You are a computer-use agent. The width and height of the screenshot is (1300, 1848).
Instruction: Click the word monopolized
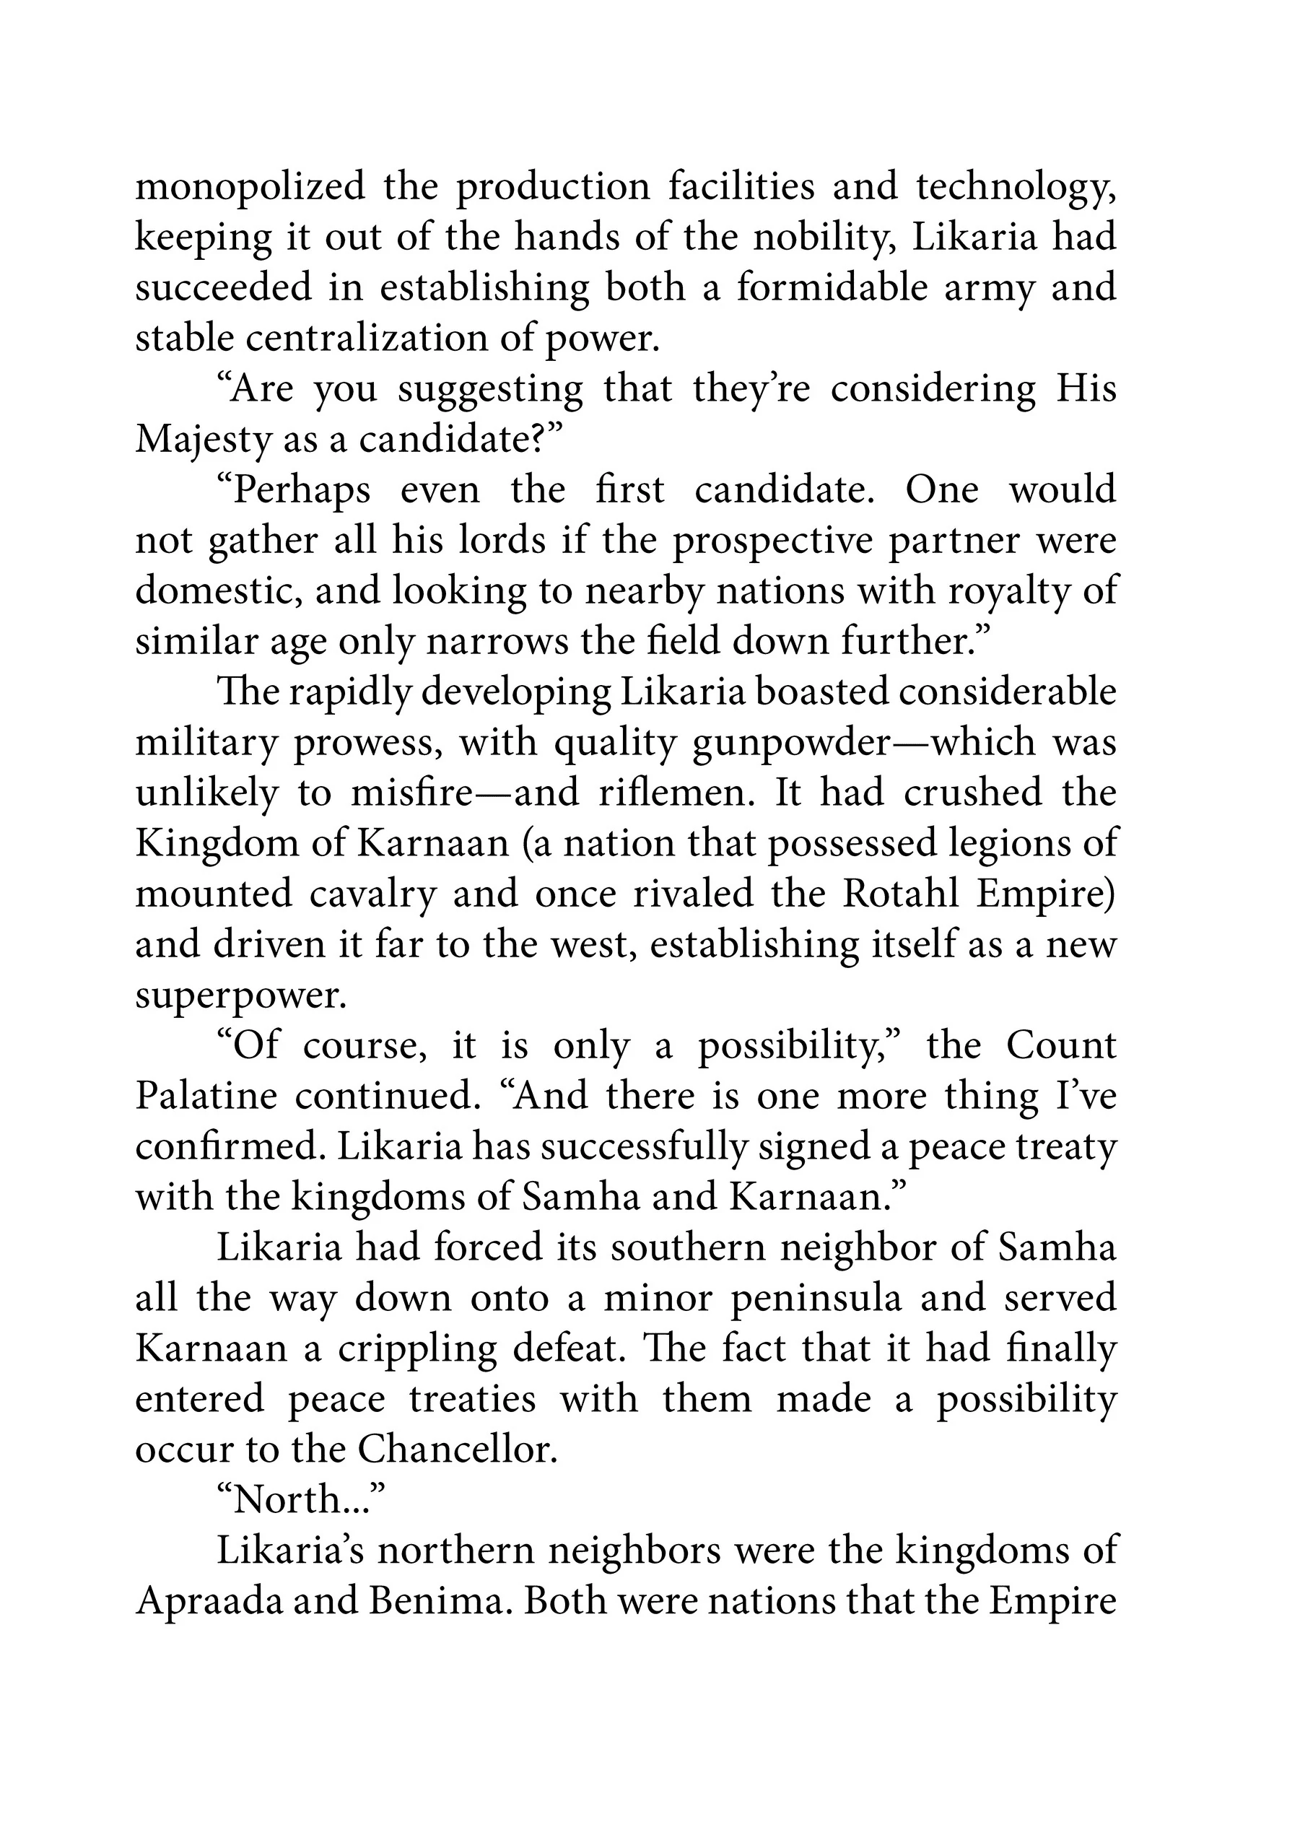[x=250, y=187]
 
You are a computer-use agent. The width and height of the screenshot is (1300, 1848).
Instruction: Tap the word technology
[x=1013, y=188]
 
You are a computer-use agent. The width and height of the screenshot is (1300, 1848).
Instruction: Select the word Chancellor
[x=456, y=1450]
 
